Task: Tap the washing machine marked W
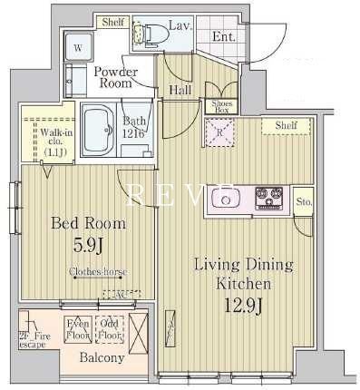tap(78, 46)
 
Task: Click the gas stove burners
tap(269, 195)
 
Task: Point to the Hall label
tap(179, 90)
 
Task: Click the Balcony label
tap(100, 358)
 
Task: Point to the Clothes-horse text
tap(98, 272)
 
